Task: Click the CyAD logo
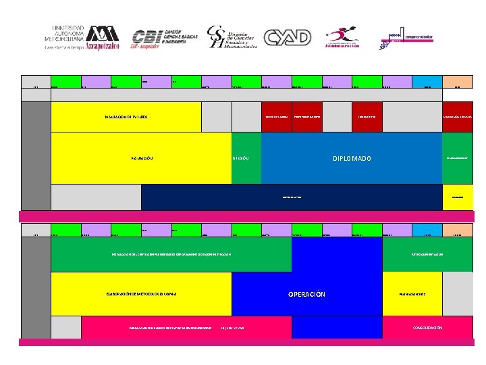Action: pos(287,38)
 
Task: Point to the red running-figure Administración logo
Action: pos(342,38)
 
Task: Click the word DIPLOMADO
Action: pos(351,159)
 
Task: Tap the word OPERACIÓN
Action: pos(306,295)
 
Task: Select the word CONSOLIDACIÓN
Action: pos(427,328)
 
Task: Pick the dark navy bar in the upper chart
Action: pos(291,197)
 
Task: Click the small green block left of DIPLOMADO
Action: pos(246,158)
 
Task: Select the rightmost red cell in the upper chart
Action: pos(457,117)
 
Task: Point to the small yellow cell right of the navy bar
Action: pos(457,197)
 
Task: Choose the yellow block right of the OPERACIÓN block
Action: pos(412,295)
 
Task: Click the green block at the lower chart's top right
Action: pos(427,254)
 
